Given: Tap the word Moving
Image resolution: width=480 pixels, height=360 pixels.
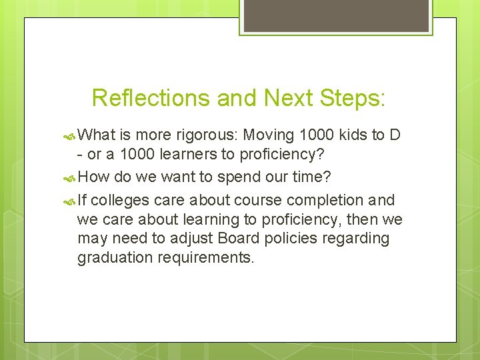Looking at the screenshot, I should pos(269,136).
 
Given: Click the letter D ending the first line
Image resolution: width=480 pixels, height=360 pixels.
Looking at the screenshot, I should pos(395,135).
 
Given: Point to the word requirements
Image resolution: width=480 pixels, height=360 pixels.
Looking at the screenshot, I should pos(206,258).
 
